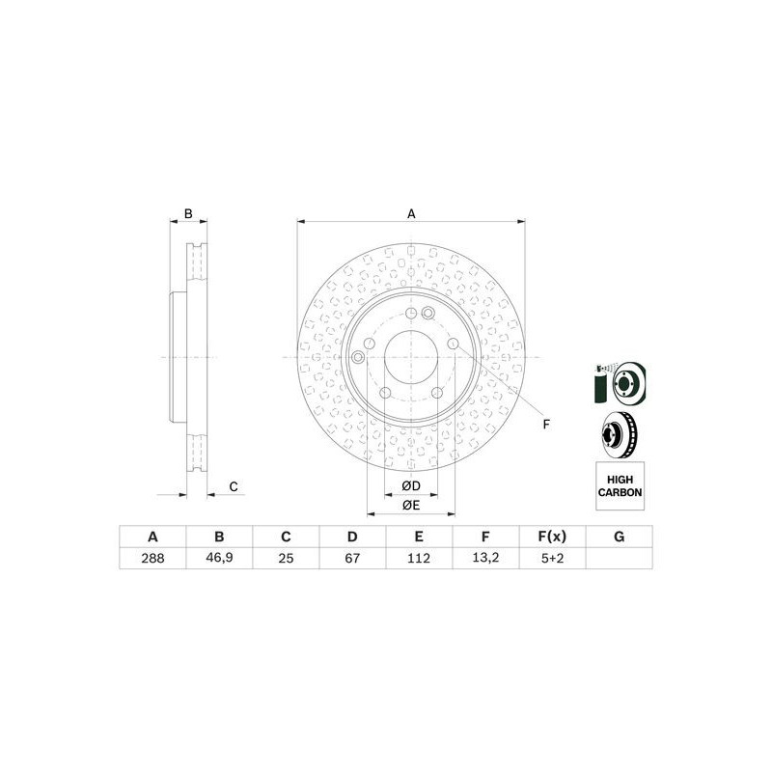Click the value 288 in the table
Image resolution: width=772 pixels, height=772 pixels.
click(x=152, y=559)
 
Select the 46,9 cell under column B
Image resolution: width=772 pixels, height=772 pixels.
click(x=219, y=559)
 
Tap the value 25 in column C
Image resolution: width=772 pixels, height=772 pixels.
click(x=286, y=559)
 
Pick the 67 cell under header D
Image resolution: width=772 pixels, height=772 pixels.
click(x=353, y=559)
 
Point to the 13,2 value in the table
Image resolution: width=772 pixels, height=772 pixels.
click(x=486, y=559)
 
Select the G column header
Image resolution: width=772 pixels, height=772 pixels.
click(x=619, y=537)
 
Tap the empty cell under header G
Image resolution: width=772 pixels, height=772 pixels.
click(x=619, y=559)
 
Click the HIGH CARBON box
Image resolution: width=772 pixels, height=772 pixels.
click(x=619, y=484)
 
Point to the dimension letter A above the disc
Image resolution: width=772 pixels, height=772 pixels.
click(x=411, y=214)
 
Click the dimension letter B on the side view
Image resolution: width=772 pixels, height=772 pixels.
click(x=189, y=213)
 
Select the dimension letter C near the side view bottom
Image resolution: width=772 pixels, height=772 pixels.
click(x=233, y=486)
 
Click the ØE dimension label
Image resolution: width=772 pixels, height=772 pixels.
click(x=410, y=505)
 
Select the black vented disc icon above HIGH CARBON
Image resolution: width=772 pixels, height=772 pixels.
click(x=619, y=435)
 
